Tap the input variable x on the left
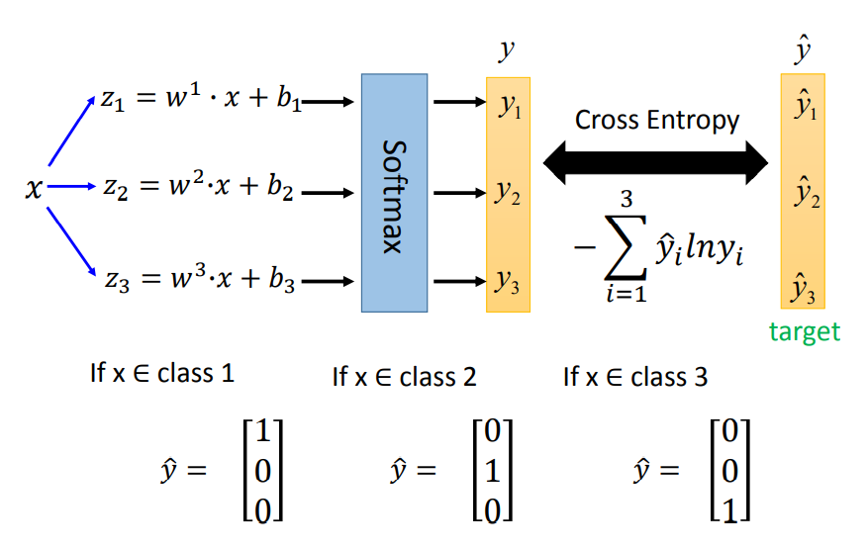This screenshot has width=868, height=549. coord(34,187)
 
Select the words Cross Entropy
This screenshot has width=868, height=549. coord(657,121)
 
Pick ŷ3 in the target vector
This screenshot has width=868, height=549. coord(803,290)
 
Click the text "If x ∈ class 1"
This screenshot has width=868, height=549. coord(162,375)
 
